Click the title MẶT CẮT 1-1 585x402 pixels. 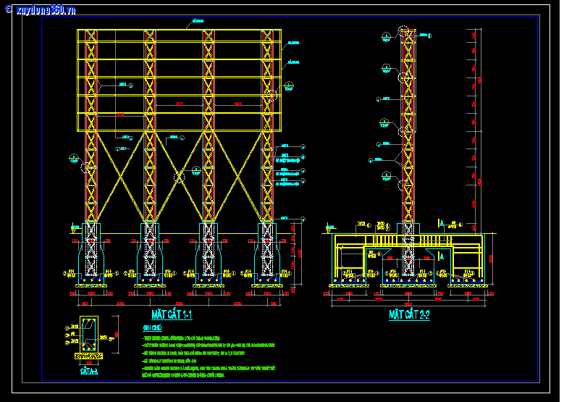[x=172, y=315]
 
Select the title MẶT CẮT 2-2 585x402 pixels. [x=409, y=315]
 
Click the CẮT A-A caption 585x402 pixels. [x=89, y=372]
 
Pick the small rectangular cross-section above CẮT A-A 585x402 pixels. [x=89, y=335]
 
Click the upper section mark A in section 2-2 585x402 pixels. [x=441, y=223]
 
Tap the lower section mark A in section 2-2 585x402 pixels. [x=441, y=256]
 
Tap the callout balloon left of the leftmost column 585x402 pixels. [x=73, y=158]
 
